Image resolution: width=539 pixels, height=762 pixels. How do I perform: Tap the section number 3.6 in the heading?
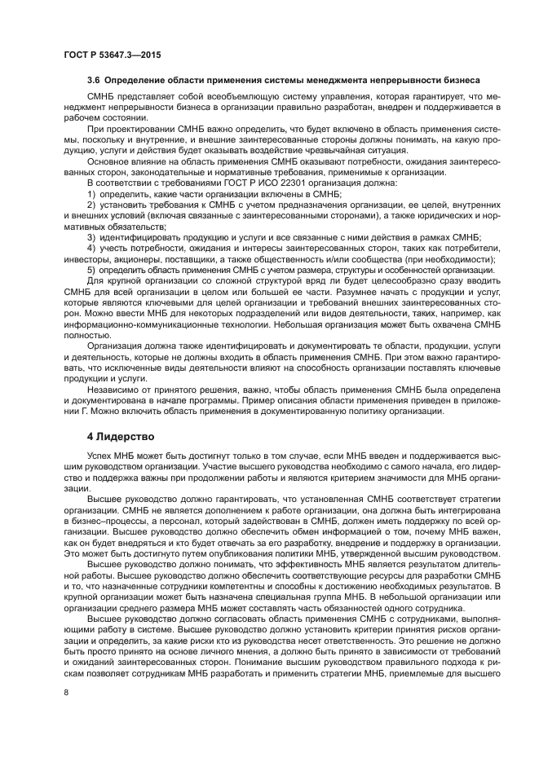coord(95,81)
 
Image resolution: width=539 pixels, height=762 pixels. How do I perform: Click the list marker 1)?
coord(92,196)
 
